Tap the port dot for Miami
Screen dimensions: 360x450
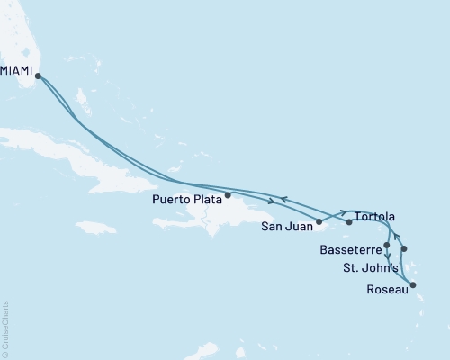37,76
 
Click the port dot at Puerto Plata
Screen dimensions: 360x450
228,194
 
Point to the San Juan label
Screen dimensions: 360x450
287,226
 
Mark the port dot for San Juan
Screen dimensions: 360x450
319,220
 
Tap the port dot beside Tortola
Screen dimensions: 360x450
349,220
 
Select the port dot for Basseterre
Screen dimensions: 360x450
387,245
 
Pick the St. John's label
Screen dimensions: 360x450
368,268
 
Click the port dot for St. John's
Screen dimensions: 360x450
405,249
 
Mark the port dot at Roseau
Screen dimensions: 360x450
413,286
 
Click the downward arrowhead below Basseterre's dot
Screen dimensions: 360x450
387,256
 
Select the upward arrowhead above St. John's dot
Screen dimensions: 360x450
397,237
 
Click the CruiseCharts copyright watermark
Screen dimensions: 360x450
4,328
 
